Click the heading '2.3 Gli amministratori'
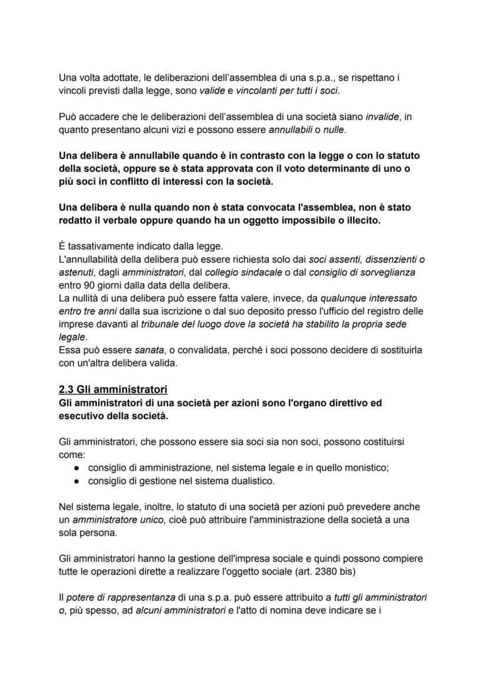tap(114, 390)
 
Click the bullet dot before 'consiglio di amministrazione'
tap(77, 468)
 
